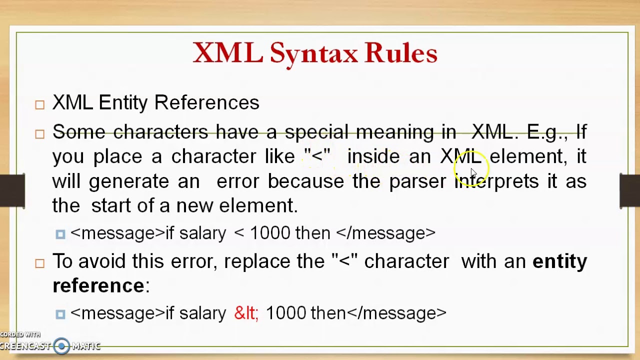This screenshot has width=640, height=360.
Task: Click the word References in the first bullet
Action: (206, 102)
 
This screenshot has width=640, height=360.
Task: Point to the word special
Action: (316, 132)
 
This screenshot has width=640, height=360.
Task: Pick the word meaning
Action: (395, 132)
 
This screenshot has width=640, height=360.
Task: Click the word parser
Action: (417, 181)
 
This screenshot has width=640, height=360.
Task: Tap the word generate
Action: (129, 181)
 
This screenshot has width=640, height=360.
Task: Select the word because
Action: (305, 181)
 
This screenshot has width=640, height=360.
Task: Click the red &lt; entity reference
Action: (246, 313)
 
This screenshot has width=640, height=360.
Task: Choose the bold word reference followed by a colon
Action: (98, 285)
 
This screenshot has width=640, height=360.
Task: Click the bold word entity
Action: (559, 261)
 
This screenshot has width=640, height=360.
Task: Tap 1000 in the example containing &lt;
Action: (285, 313)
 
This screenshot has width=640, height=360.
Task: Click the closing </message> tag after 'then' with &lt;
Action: (396, 313)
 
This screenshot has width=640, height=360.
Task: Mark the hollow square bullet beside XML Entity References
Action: (40, 104)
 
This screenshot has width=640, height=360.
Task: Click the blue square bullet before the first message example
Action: (60, 234)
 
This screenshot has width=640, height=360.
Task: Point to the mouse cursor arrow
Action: (473, 172)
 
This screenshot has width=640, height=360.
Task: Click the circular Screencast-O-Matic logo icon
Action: (61, 346)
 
